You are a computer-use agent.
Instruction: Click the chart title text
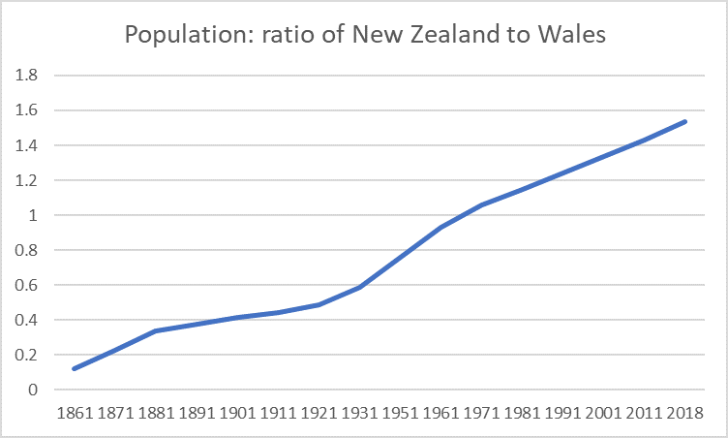click(363, 36)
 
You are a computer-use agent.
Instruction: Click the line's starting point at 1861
click(74, 368)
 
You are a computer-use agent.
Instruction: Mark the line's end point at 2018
click(685, 122)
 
